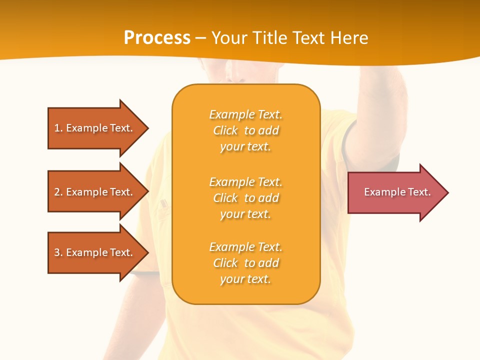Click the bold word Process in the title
pyautogui.click(x=157, y=38)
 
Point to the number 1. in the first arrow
pyautogui.click(x=58, y=128)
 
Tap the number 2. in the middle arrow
pyautogui.click(x=58, y=192)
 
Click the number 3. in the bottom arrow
pyautogui.click(x=58, y=252)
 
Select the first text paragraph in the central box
pyautogui.click(x=245, y=130)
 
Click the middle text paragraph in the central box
pyautogui.click(x=245, y=198)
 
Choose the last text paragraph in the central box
pyautogui.click(x=245, y=263)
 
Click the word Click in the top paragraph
pyautogui.click(x=225, y=131)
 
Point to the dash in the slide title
pyautogui.click(x=200, y=38)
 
